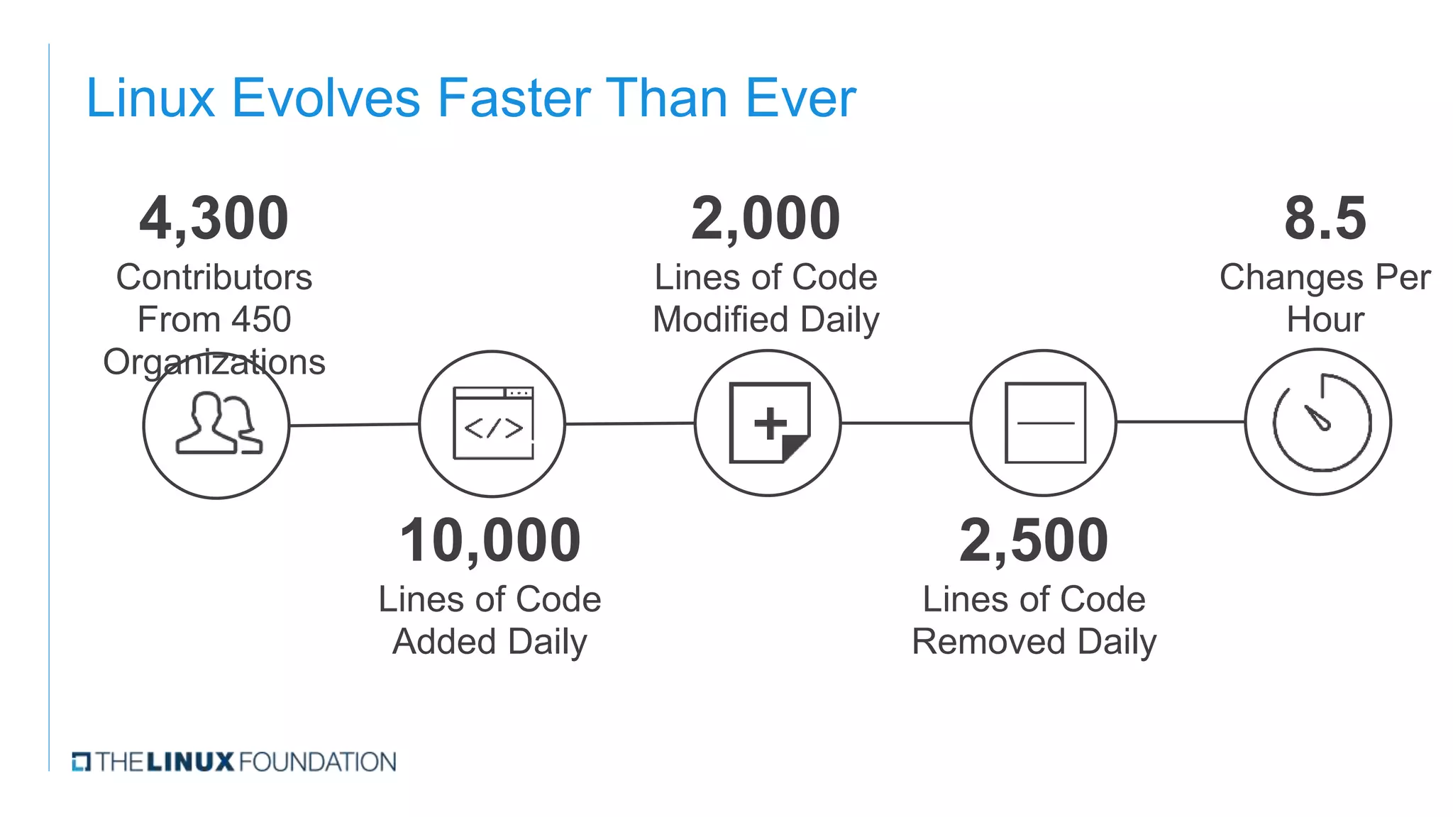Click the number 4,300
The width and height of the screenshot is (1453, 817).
[214, 218]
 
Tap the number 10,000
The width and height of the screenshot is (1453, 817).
[490, 540]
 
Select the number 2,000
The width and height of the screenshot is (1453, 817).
[766, 218]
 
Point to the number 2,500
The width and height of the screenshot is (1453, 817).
[1034, 540]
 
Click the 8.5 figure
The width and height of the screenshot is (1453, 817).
[1325, 218]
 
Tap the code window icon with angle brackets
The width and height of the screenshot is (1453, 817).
[493, 423]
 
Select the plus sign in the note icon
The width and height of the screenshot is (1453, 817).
[770, 423]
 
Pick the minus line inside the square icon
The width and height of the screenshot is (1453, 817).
[1045, 423]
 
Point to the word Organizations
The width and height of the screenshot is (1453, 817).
[214, 362]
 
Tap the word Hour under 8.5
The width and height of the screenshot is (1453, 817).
[1325, 320]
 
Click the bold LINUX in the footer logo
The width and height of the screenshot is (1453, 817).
[190, 762]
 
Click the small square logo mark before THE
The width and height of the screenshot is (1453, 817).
[81, 762]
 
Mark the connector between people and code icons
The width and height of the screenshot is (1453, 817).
[354, 425]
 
